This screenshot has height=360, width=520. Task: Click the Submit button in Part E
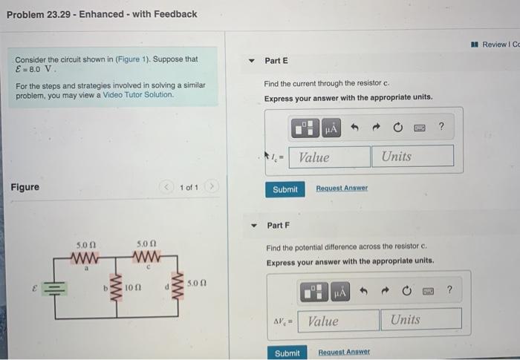pos(285,189)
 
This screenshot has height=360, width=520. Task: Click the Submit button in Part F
pos(287,353)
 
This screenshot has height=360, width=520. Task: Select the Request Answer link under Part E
pos(342,189)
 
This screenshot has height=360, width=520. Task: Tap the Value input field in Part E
pos(333,157)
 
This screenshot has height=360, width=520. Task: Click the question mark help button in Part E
pos(441,127)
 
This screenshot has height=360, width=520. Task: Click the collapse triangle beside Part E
pos(252,61)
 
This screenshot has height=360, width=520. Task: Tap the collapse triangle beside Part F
pos(253,225)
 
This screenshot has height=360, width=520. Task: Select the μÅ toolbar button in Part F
pos(339,292)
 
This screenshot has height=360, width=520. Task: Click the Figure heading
pos(25,187)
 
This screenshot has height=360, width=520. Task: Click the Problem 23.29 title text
pos(102,14)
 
